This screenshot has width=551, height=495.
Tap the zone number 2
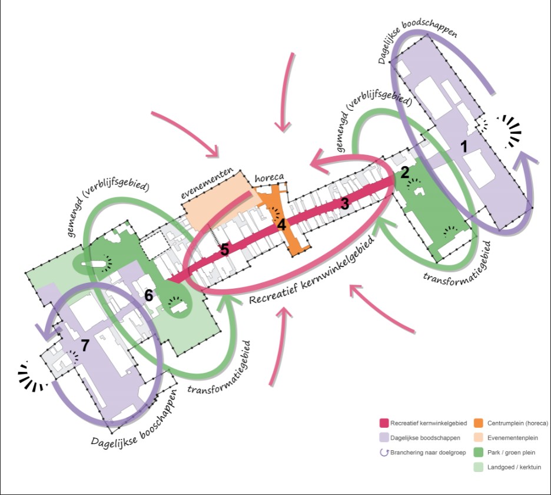(x=404, y=172)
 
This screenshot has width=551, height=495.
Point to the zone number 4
(x=281, y=225)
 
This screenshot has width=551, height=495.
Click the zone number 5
(x=224, y=250)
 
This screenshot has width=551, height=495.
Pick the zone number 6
(x=149, y=296)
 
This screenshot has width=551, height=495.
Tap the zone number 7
(x=85, y=345)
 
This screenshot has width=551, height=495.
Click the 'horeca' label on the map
(x=269, y=178)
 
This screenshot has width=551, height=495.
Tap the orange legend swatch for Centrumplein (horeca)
(x=479, y=423)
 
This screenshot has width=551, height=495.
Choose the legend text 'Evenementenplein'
(x=514, y=438)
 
